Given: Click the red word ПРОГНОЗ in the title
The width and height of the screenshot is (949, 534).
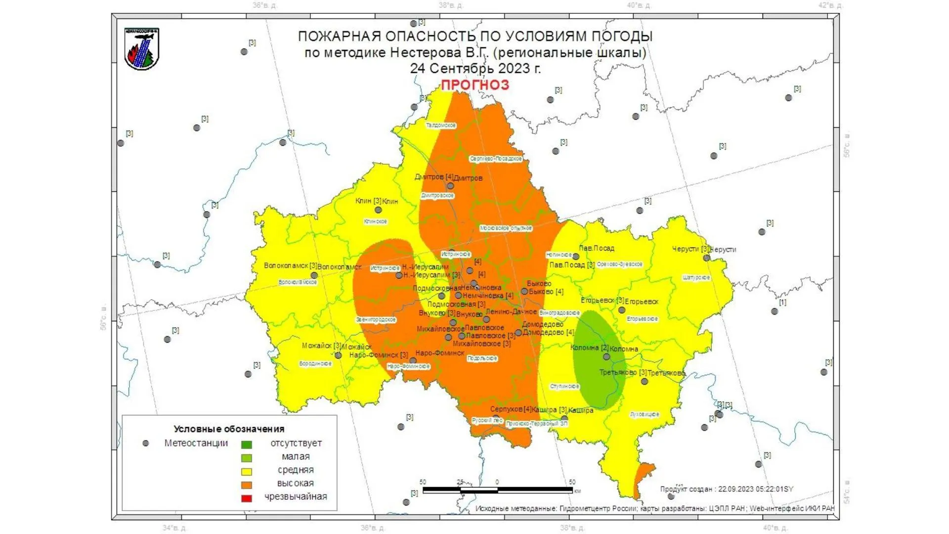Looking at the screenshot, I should [x=474, y=85].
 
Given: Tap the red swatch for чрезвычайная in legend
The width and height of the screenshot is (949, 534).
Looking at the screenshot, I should [x=246, y=498].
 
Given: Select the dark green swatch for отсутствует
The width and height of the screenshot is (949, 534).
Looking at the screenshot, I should [x=246, y=445].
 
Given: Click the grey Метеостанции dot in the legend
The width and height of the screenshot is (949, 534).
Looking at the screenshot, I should [x=145, y=444].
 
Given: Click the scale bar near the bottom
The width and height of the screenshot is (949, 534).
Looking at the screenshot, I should [x=497, y=490].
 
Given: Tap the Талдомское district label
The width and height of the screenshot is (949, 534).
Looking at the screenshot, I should [x=441, y=126].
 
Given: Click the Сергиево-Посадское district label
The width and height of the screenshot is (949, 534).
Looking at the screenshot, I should [x=496, y=159].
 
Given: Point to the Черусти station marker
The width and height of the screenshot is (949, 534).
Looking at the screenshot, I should [x=707, y=258].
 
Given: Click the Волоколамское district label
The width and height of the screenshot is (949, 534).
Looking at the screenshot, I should [x=298, y=282].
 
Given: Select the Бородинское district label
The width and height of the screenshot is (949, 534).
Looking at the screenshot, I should [x=315, y=364].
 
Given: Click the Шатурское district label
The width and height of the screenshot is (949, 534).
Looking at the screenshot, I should [x=696, y=278].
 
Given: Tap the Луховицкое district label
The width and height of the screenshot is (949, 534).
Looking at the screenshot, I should [x=645, y=414].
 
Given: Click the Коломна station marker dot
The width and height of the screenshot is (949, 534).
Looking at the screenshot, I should [x=606, y=356].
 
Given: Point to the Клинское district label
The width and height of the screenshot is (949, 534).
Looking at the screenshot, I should [x=375, y=222].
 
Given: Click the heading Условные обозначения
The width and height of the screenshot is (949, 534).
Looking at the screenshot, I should [x=229, y=429].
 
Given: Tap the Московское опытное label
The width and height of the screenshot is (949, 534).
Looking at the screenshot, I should [x=506, y=228].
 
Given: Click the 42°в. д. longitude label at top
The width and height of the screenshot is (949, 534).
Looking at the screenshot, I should [x=830, y=5].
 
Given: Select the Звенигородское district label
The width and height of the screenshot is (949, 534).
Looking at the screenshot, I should [x=376, y=320].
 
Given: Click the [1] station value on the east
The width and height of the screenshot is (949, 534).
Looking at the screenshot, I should [x=782, y=302].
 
